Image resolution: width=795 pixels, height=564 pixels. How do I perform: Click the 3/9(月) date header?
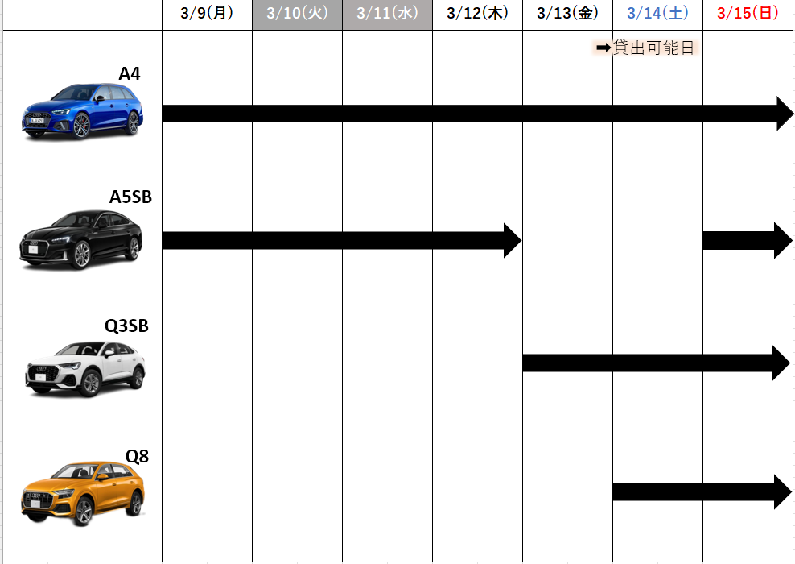coord(207,13)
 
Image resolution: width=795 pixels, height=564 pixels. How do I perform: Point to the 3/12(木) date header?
coord(477,13)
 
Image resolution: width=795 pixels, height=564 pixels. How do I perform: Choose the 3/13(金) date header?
coord(567,13)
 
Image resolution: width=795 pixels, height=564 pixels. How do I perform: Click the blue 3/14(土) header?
coord(657,13)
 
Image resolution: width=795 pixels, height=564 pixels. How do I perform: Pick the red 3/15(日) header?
coord(748,13)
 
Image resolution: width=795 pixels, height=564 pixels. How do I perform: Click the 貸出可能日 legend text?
coord(653,48)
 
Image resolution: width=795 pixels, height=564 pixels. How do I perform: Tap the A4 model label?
coord(130,73)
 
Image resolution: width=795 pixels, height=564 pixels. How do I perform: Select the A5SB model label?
coord(130,197)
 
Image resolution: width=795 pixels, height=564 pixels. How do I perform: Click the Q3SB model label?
coord(127,326)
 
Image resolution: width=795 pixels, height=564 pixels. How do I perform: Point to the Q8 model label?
coord(137,456)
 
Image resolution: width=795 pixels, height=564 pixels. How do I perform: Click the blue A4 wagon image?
coord(82,110)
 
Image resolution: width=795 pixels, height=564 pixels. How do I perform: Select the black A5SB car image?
coord(81,239)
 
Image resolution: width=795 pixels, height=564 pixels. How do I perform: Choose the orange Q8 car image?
coord(83,493)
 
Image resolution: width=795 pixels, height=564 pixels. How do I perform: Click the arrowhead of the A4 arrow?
coord(785,114)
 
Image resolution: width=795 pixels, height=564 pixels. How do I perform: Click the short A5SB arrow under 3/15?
coord(748,240)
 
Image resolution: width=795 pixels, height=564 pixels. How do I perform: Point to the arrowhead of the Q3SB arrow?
coord(781,363)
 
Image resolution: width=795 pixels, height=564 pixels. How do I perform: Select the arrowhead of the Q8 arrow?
coord(783,492)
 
